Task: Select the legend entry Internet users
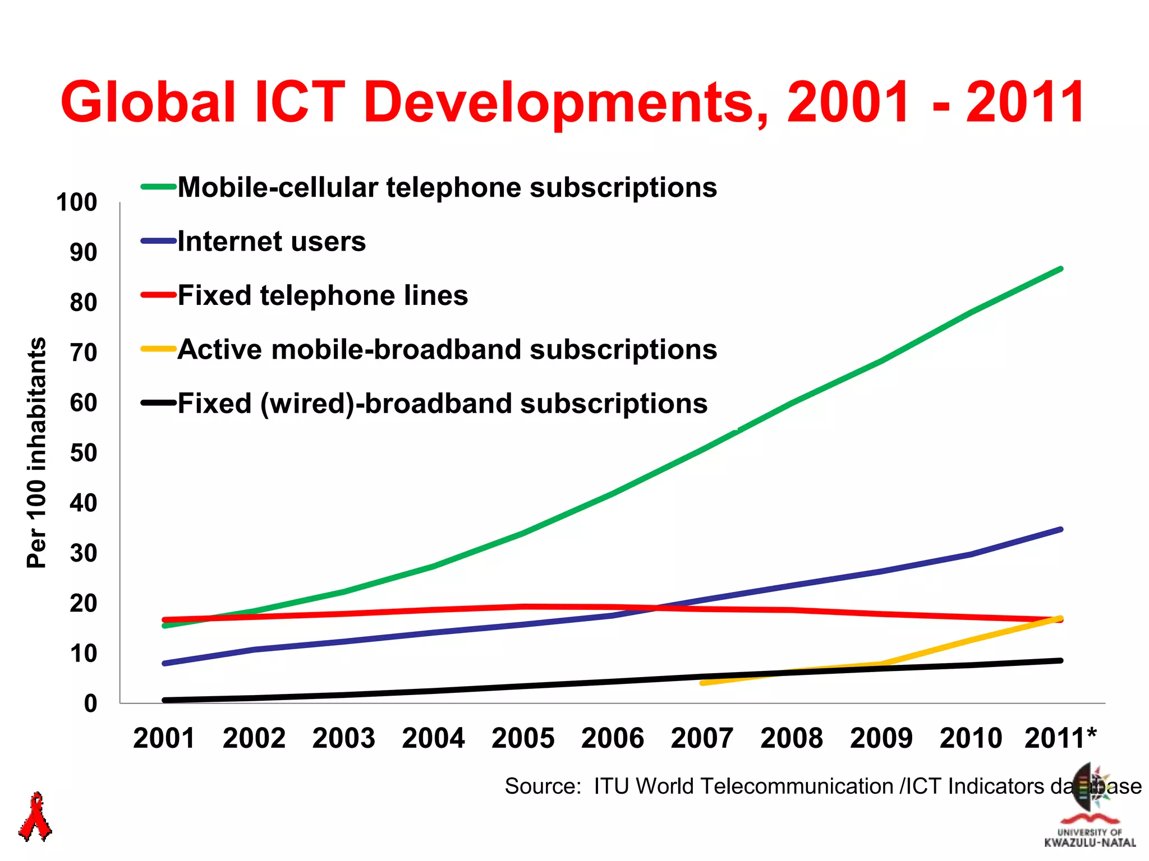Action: point(272,242)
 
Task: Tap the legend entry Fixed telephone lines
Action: point(323,295)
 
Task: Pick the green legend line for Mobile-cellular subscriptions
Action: point(159,187)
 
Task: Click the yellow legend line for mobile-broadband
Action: point(159,349)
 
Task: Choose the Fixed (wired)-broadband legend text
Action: point(442,404)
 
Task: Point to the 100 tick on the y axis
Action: point(77,202)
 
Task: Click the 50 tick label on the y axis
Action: point(83,453)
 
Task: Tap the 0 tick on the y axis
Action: point(90,703)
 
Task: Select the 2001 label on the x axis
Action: point(164,738)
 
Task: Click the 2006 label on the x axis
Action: point(612,738)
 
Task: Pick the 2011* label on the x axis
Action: point(1060,738)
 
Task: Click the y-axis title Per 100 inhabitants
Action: point(37,453)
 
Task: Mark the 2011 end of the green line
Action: point(1060,269)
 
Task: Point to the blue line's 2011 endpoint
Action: point(1060,529)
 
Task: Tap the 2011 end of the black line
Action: point(1060,660)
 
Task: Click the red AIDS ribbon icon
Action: point(35,817)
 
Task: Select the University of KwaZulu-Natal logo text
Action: point(1090,837)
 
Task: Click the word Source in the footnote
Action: point(542,786)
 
